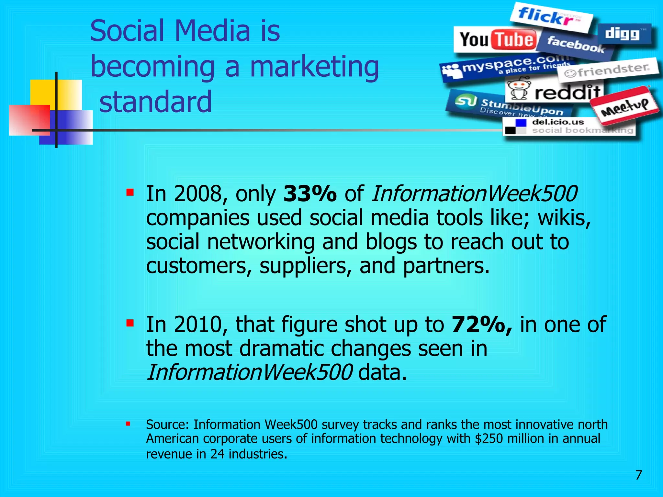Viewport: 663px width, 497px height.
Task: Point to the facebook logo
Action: (x=576, y=45)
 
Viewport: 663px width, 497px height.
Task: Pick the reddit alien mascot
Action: (x=519, y=88)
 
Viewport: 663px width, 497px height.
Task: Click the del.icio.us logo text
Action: (x=558, y=122)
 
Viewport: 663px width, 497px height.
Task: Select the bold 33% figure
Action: (x=309, y=193)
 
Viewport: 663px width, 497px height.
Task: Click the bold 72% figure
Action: (x=482, y=324)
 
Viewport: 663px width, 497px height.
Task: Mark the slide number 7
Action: (x=638, y=475)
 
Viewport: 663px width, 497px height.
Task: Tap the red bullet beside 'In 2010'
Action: (x=130, y=323)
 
